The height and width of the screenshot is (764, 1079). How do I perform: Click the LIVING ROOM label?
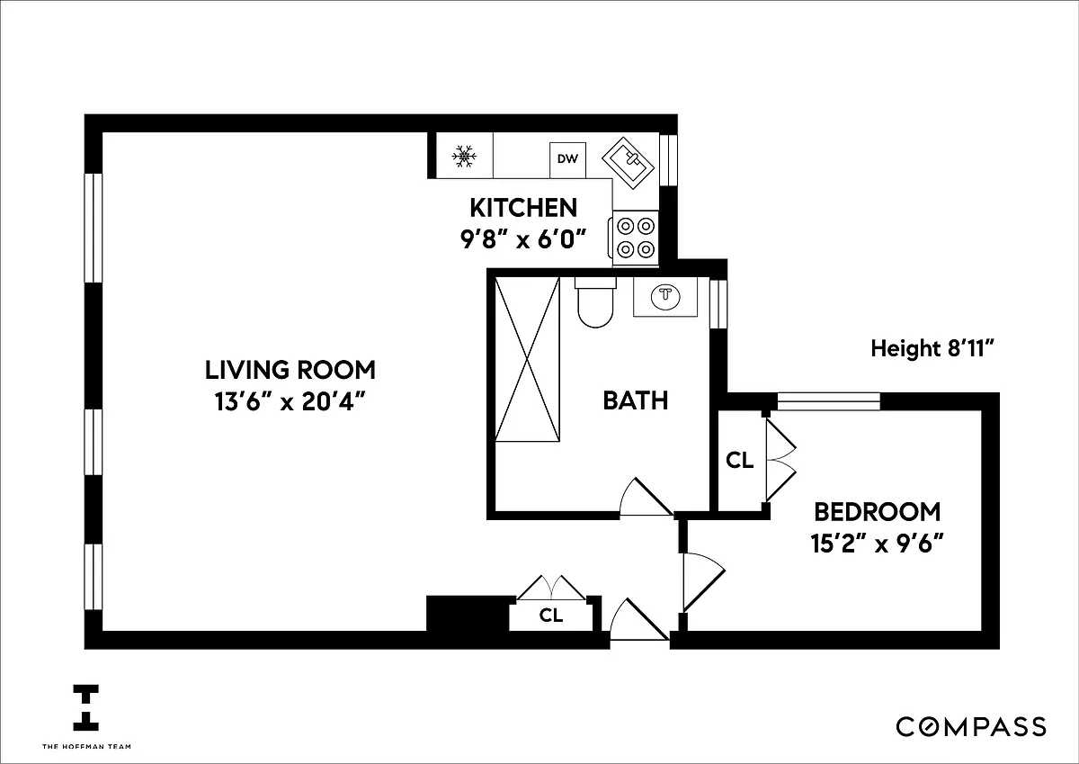tap(290, 370)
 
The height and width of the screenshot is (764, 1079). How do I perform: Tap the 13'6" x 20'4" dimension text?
tap(290, 401)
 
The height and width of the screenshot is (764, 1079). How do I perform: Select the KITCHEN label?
tap(523, 208)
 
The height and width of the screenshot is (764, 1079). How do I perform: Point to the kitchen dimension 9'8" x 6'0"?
tap(523, 238)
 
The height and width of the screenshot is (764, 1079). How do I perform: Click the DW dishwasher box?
tap(568, 159)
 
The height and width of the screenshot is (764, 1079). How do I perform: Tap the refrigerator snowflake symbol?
tap(464, 157)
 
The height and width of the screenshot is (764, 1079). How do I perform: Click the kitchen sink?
tap(629, 163)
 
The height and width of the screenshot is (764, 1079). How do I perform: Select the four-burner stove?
tap(634, 238)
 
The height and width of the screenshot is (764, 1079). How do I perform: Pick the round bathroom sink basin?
tap(665, 295)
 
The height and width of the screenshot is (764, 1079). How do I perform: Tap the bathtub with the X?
tap(528, 359)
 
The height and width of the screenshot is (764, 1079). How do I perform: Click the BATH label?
tap(636, 400)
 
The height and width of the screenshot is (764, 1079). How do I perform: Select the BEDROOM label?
tap(878, 511)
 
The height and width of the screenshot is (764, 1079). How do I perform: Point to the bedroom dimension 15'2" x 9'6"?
tap(877, 543)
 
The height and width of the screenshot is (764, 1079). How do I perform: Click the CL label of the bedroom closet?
tap(739, 461)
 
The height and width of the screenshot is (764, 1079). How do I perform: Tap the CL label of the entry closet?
tap(550, 615)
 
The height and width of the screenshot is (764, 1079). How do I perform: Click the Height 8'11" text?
tap(932, 348)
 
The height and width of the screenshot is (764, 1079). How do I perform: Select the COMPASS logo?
tap(971, 727)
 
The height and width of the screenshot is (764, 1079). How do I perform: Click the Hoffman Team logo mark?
tap(85, 708)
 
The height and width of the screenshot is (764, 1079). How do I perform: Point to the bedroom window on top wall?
tap(829, 401)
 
